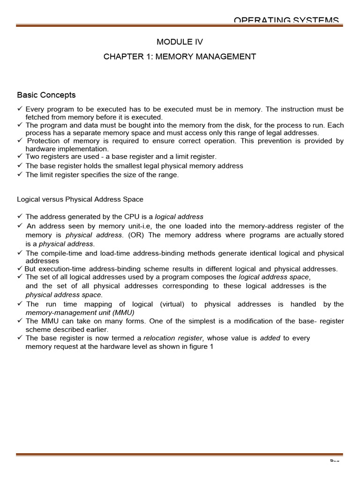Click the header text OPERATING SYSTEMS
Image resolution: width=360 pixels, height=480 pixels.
pos(286,20)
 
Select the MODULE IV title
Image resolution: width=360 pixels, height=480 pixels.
pos(180,42)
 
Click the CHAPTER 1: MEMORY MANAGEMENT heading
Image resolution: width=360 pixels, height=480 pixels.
pos(180,57)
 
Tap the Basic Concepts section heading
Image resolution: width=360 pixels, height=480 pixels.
pos(46,95)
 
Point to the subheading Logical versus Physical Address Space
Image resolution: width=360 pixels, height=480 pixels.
pos(80,199)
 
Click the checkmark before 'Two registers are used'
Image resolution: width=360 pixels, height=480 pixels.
pos(20,157)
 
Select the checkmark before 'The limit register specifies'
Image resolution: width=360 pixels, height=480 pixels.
pos(20,174)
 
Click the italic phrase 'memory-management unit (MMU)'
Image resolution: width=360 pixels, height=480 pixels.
pos(76,312)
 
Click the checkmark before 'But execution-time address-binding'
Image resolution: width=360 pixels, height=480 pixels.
pos(20,269)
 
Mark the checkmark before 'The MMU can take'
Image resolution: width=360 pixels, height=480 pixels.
pos(20,321)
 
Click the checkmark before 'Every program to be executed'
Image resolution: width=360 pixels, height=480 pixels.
pos(20,109)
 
